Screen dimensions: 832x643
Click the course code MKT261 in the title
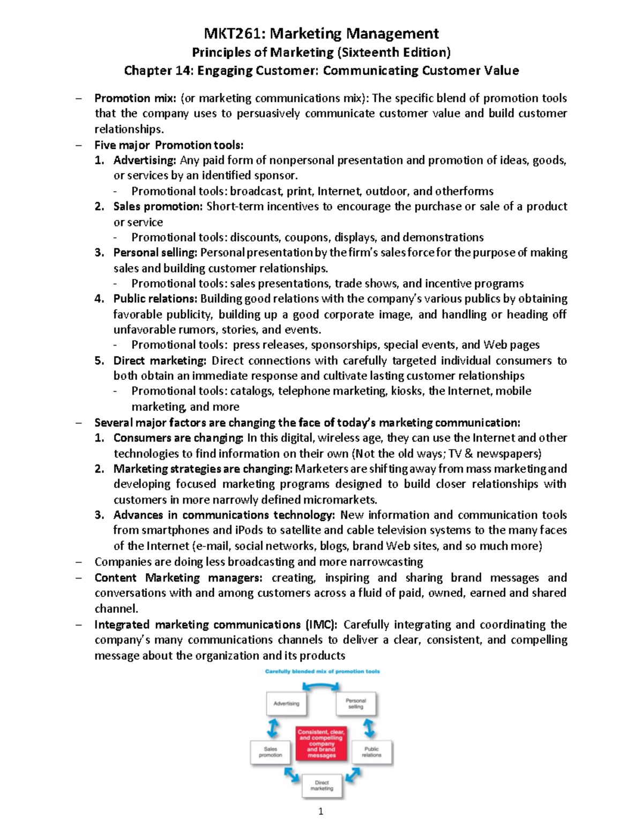tap(234, 34)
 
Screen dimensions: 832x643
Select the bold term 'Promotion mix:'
tap(135, 98)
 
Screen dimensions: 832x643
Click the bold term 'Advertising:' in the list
tap(145, 160)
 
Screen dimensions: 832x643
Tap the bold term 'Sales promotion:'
tap(158, 206)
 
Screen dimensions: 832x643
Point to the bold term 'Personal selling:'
tap(155, 252)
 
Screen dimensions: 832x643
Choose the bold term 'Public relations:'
tap(155, 298)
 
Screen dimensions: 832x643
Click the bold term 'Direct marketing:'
tap(160, 361)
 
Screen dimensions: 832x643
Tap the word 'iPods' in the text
tap(249, 530)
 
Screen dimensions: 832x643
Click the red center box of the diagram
tap(322, 743)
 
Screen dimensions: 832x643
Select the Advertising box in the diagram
tap(287, 704)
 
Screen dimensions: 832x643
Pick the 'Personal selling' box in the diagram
tap(356, 704)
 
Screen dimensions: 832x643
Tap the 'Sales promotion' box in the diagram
tap(271, 752)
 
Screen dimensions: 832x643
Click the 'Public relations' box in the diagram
tap(371, 752)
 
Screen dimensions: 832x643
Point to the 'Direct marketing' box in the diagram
tap(322, 785)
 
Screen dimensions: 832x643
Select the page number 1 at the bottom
tap(321, 812)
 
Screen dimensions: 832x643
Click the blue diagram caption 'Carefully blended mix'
tap(322, 671)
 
